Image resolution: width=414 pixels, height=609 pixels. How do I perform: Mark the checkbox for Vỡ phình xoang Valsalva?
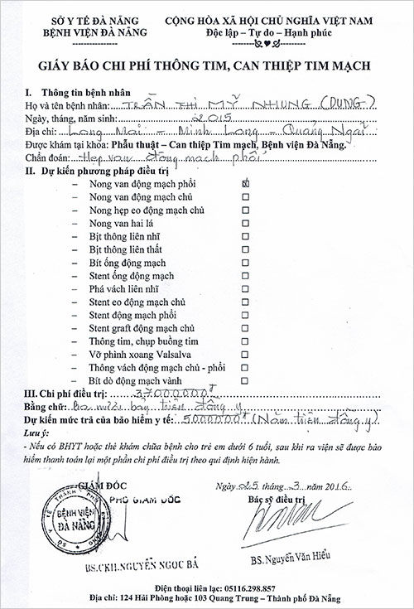(x=244, y=355)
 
